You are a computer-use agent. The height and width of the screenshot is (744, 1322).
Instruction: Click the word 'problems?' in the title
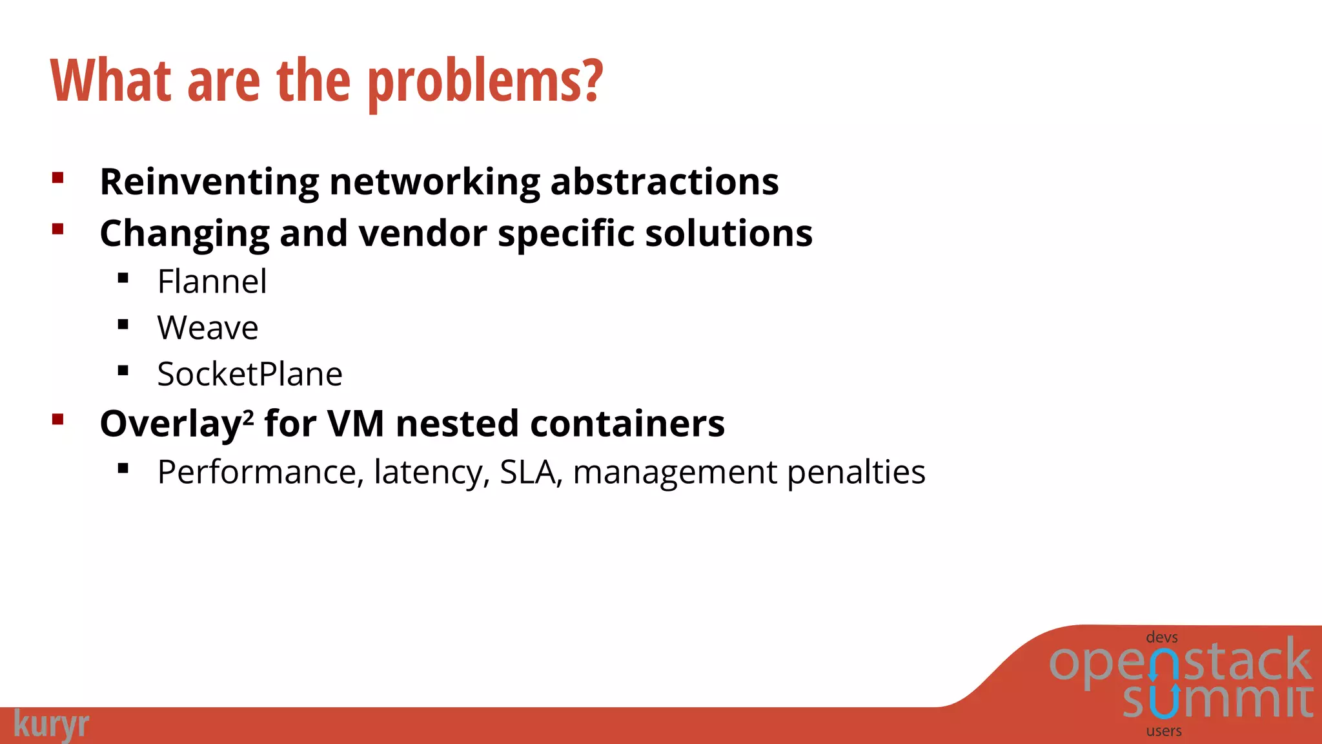click(x=485, y=82)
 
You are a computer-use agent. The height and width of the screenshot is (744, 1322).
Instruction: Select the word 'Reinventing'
click(x=209, y=182)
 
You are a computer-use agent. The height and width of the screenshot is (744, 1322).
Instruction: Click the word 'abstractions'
click(x=664, y=182)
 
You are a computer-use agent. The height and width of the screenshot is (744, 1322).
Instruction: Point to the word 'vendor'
click(x=423, y=233)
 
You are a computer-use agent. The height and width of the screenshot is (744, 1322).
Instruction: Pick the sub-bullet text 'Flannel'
click(x=212, y=282)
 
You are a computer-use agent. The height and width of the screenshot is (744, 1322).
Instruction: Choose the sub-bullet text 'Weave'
click(x=207, y=328)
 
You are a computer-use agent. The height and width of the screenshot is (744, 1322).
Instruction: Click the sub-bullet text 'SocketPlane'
click(x=250, y=375)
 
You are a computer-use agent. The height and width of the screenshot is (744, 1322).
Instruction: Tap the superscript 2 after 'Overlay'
click(x=249, y=416)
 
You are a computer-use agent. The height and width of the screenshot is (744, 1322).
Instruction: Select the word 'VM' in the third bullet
click(x=356, y=424)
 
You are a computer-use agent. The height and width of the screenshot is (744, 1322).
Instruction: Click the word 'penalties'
click(x=856, y=472)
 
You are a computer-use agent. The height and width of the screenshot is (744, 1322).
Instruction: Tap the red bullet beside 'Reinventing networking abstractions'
click(x=58, y=178)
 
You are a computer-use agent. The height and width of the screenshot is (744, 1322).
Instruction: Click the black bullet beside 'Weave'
click(x=123, y=324)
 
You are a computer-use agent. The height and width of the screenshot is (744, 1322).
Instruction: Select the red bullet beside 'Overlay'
click(x=58, y=420)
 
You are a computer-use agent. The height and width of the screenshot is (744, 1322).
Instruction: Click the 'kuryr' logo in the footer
click(x=51, y=725)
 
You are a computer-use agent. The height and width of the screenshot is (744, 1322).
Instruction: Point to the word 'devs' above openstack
click(x=1161, y=637)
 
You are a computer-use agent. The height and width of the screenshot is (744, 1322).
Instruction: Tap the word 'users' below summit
click(x=1164, y=731)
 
